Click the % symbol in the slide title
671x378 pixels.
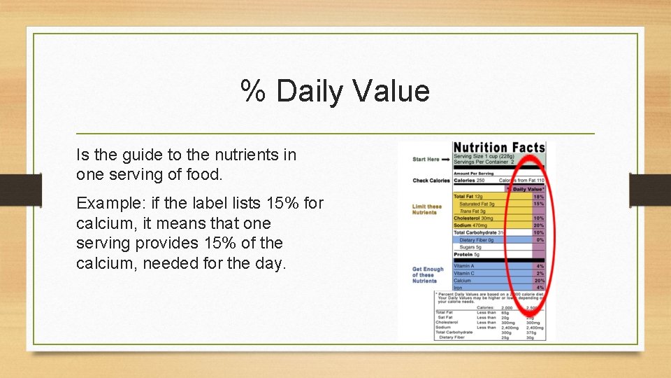(252, 92)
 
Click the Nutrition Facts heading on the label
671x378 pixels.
(498, 148)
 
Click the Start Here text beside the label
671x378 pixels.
(426, 160)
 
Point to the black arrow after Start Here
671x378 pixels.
(446, 160)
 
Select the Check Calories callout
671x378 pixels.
(431, 181)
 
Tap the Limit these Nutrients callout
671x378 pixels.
(427, 209)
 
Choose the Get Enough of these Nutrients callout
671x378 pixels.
(428, 275)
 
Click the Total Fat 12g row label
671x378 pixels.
(468, 197)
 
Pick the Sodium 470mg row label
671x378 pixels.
(470, 225)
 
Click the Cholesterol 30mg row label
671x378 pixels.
(473, 218)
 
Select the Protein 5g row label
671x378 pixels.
(466, 255)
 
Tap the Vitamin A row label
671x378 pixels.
(464, 266)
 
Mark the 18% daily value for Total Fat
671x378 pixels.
(538, 197)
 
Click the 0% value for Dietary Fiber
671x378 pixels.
(540, 240)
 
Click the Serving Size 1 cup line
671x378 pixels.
(482, 156)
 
